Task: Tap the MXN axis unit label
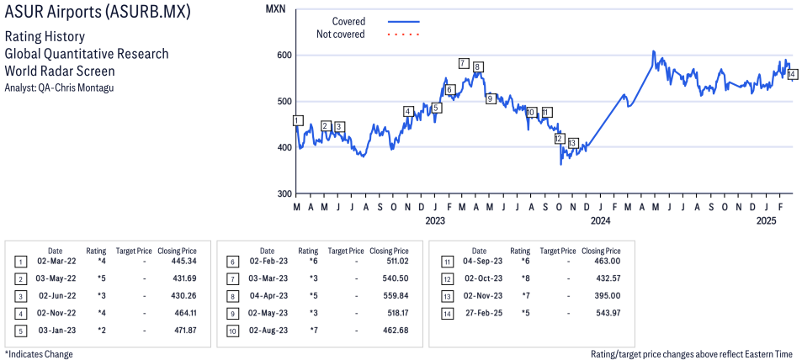tap(274, 8)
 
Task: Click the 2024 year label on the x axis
tap(600, 221)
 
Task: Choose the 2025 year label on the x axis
tap(766, 221)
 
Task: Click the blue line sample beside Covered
tap(403, 21)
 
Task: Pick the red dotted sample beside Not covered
tap(403, 34)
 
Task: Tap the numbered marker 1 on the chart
tap(297, 120)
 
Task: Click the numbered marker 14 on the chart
tap(793, 74)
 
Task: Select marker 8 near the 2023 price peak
tap(478, 66)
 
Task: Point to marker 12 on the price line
tap(559, 138)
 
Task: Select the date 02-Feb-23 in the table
tap(267, 262)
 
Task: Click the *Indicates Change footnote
tap(39, 354)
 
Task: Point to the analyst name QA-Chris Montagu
tap(59, 87)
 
